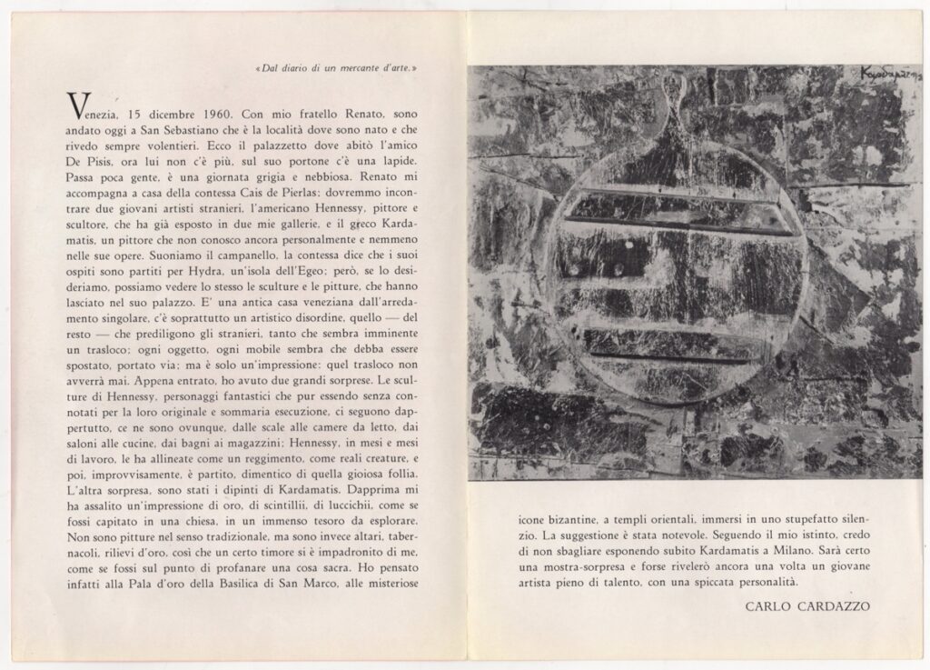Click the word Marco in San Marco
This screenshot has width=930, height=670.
pos(401,595)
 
